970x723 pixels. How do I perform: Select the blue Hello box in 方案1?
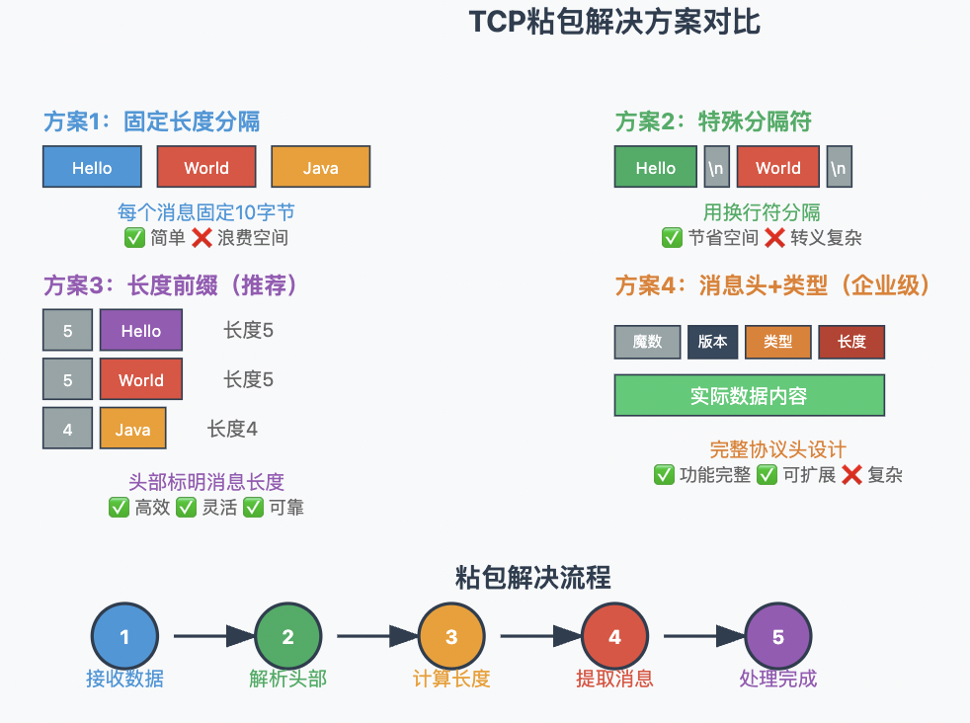point(92,167)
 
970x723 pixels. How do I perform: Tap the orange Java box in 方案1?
point(320,167)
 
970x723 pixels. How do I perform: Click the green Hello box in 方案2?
point(655,167)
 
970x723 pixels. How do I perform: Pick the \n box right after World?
point(839,167)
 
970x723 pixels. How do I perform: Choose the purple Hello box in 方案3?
point(140,330)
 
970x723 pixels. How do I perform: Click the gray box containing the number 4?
point(67,429)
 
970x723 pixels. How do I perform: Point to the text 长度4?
point(232,429)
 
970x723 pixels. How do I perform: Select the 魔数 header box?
point(647,342)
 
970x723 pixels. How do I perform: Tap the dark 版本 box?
point(712,342)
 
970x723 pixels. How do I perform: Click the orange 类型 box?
point(777,342)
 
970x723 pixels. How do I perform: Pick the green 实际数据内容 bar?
point(749,396)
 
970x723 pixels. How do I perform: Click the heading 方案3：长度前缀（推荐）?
point(171,285)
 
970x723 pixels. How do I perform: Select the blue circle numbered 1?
point(124,637)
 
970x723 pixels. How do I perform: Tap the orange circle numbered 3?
point(451,637)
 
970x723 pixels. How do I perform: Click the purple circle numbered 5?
point(777,637)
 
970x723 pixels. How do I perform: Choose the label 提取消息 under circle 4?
point(614,679)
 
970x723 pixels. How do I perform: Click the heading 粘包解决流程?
point(532,577)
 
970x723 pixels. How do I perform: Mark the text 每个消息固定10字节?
point(205,212)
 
